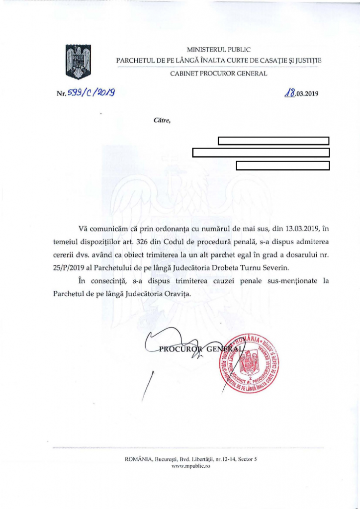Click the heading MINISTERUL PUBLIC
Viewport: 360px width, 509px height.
tap(218, 50)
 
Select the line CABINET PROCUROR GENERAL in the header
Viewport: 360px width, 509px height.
tap(219, 74)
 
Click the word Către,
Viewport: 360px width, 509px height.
tap(163, 120)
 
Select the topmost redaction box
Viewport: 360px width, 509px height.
tap(274, 140)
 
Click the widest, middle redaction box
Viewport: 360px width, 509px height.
tap(261, 153)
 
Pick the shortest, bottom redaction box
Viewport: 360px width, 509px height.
tap(283, 166)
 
